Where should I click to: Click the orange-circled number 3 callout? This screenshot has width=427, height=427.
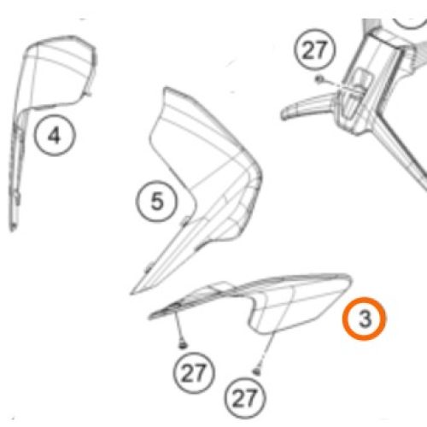(x=364, y=319)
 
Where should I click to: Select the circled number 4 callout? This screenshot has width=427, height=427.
(x=55, y=135)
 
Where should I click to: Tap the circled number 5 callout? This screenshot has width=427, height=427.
(x=156, y=202)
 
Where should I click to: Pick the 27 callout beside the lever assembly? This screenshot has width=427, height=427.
(x=315, y=50)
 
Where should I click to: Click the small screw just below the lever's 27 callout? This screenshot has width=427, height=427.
(x=319, y=79)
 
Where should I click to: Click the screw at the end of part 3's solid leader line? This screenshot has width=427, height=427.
(x=183, y=345)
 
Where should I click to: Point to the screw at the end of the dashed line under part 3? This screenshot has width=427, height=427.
(x=256, y=371)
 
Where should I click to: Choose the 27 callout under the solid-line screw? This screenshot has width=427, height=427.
(x=194, y=373)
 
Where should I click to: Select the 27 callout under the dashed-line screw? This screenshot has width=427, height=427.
(x=245, y=398)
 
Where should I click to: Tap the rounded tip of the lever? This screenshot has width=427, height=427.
(x=284, y=114)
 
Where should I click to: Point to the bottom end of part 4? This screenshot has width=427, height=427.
(x=12, y=228)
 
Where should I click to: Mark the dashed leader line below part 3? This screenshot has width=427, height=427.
(x=266, y=351)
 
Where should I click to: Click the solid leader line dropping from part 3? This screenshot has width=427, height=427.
(x=179, y=326)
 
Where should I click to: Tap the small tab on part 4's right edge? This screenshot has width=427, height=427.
(x=88, y=91)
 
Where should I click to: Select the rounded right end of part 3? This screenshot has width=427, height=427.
(x=348, y=280)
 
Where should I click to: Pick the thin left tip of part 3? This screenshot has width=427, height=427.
(x=152, y=316)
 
